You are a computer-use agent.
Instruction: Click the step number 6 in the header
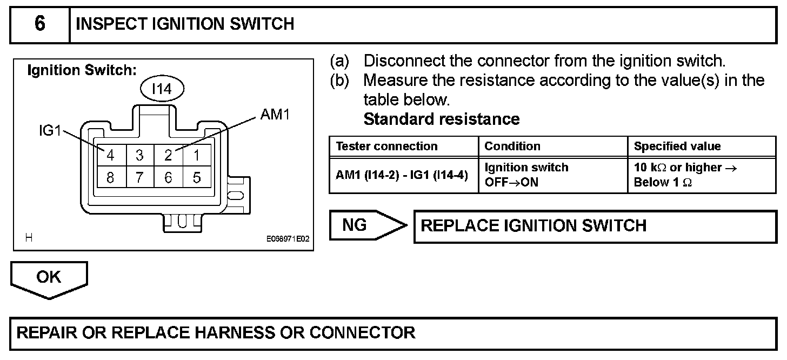coord(39,24)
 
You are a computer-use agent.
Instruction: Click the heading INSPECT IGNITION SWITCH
coord(185,24)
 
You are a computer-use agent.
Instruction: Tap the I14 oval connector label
coord(162,89)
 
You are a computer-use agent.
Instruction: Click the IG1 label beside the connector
coord(50,130)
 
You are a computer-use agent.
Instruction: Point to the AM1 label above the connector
coord(275,115)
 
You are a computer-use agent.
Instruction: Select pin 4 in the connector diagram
coord(111,155)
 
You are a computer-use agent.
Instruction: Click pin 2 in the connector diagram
coord(168,155)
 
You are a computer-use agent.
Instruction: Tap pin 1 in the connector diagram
coord(197,155)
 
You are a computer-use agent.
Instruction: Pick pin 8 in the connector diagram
coord(111,177)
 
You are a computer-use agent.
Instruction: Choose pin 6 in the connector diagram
coord(168,177)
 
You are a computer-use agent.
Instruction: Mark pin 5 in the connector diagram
coord(197,177)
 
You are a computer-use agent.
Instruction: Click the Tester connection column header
coord(387,146)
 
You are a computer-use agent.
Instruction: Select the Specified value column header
coord(677,146)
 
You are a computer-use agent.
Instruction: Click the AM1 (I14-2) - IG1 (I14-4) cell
coord(402,175)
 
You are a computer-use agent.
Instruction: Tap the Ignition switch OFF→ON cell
coord(526,175)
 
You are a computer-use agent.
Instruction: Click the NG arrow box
coord(368,225)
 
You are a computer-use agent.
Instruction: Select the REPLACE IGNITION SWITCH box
coord(595,226)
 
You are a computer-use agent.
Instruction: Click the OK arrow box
coord(49,280)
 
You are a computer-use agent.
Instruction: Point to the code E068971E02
coord(288,239)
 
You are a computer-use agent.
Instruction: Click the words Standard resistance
coord(442,119)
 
